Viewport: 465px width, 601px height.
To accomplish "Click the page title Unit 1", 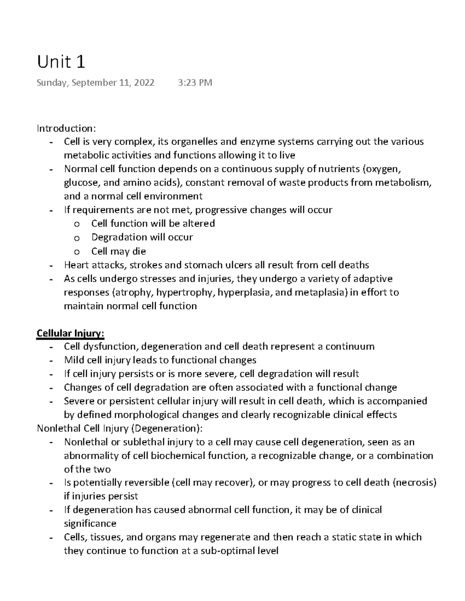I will [x=61, y=62].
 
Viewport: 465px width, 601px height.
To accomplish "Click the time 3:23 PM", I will [x=195, y=83].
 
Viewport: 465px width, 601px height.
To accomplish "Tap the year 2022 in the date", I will [x=142, y=83].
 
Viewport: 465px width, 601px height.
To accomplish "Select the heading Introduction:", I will [x=65, y=128].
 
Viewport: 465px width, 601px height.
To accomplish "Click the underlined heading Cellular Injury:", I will [x=70, y=333].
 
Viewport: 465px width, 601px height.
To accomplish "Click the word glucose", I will [x=79, y=183].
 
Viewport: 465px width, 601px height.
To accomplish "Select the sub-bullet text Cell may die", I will [x=119, y=251].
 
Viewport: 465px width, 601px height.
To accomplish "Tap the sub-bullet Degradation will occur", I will [x=142, y=237].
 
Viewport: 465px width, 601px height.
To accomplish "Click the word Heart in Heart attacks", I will [x=76, y=265].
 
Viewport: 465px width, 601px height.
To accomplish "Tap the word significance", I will [x=90, y=524].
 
